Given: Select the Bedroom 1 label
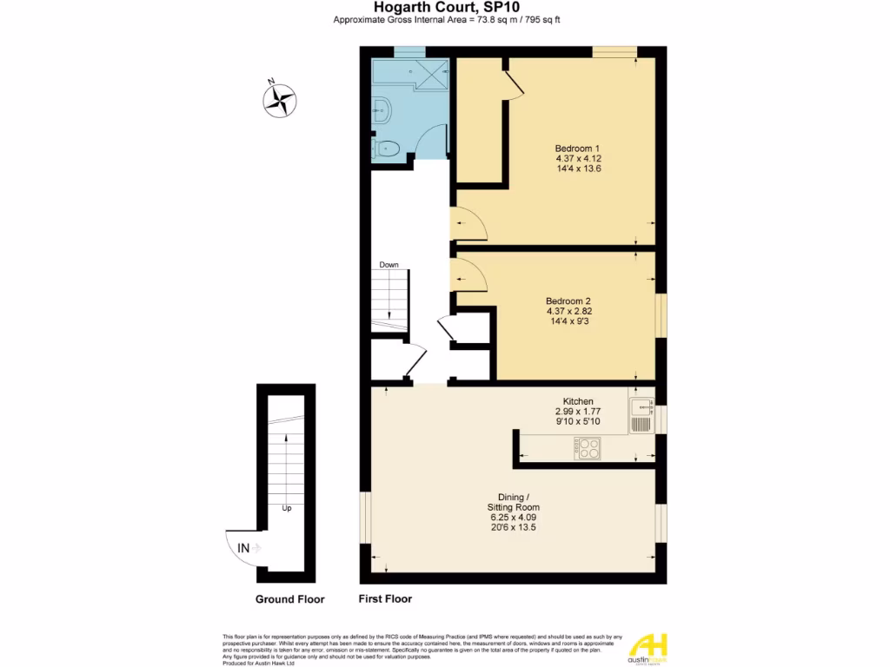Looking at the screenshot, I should coord(579,148).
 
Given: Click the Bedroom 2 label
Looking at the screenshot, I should coord(568,300).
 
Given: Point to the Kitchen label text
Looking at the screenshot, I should coord(578,401).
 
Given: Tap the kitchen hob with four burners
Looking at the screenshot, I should coord(587,448).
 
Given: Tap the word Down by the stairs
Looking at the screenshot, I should coord(389,265).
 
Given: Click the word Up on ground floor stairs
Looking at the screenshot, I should coord(286,508).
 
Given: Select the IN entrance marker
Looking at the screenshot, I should coord(244,548).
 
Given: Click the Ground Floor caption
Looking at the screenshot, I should coord(289,599).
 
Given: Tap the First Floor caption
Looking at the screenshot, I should coord(385,599).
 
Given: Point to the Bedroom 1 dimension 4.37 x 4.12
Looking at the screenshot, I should coord(579,158).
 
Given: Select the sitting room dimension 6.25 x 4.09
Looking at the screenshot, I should coord(513,518).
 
